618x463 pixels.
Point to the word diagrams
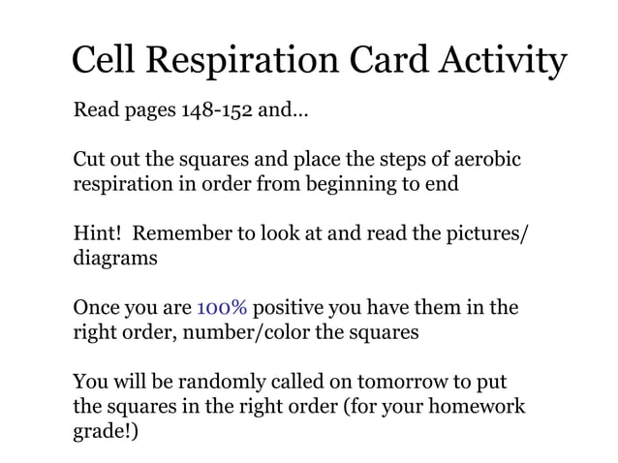pos(114,259)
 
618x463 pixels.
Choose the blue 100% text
pos(222,309)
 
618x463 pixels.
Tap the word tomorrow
pos(392,385)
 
